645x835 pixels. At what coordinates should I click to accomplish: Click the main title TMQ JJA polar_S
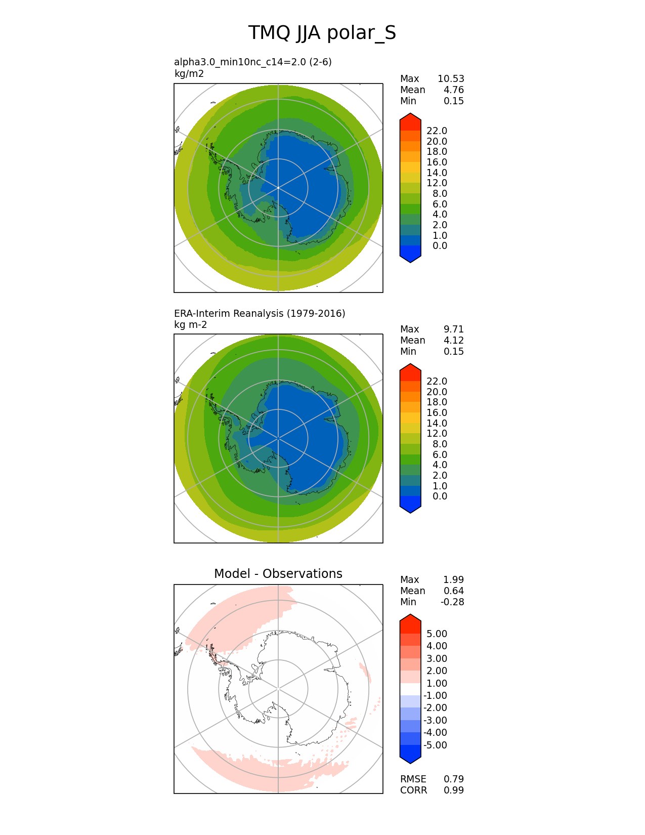[x=322, y=33]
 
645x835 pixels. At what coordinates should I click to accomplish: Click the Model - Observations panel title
[x=278, y=574]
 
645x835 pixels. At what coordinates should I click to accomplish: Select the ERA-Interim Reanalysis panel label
[x=260, y=314]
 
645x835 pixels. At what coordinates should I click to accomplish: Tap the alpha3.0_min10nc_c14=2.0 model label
[x=252, y=62]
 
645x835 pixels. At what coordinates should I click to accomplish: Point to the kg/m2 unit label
[x=189, y=74]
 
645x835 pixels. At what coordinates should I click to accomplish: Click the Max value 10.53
[x=451, y=79]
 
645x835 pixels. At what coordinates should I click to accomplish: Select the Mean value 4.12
[x=453, y=341]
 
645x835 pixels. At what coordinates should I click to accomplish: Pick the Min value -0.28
[x=452, y=602]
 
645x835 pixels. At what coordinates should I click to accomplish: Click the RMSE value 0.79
[x=454, y=779]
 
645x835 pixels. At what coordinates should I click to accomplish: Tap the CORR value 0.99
[x=454, y=790]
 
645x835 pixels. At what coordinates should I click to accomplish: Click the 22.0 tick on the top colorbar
[x=437, y=131]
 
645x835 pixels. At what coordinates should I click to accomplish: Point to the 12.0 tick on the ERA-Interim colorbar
[x=437, y=434]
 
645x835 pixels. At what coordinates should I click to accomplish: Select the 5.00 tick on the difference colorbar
[x=437, y=634]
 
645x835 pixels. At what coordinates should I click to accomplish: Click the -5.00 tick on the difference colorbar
[x=435, y=745]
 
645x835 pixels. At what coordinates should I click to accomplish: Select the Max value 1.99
[x=453, y=580]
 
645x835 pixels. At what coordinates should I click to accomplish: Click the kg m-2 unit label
[x=190, y=325]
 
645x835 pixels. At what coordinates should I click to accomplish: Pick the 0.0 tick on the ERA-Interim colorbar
[x=440, y=496]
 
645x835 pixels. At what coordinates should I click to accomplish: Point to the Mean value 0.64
[x=453, y=591]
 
